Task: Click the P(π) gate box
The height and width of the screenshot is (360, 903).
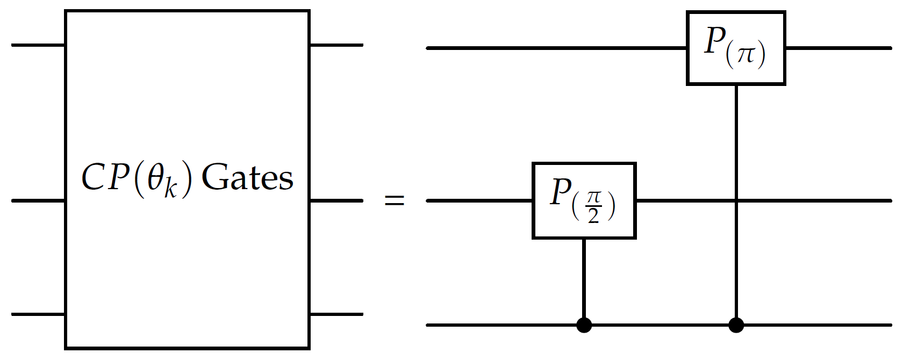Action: coord(735,48)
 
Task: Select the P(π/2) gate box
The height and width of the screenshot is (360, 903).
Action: coord(584,200)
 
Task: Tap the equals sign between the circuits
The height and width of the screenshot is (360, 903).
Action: coord(394,201)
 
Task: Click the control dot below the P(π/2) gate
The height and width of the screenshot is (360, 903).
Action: coord(584,325)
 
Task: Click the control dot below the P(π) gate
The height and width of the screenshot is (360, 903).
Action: coord(736,325)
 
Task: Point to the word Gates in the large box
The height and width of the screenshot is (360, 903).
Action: coord(247,178)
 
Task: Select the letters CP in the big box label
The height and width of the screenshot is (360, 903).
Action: coord(105,177)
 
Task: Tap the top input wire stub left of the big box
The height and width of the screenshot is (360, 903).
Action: coord(38,45)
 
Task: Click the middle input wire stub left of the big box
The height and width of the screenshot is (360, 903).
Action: coord(38,201)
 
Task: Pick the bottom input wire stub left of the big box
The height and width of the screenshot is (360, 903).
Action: coord(38,314)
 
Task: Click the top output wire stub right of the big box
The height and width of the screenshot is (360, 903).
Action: coord(336,45)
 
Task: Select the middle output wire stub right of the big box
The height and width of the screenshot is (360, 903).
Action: coord(336,201)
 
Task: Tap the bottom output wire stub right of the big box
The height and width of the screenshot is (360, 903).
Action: coord(336,314)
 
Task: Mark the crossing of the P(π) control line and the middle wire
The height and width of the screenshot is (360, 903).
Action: coord(736,201)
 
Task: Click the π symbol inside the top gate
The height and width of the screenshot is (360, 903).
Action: coord(746,54)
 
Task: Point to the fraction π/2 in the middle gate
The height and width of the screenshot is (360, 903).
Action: coord(593,206)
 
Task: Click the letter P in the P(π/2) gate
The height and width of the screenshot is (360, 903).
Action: coord(561,192)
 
